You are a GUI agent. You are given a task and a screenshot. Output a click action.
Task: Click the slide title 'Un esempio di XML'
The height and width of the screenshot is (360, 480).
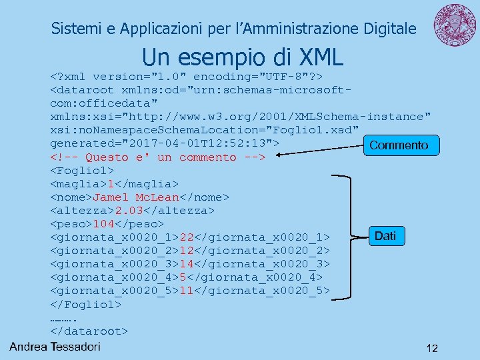tap(242, 57)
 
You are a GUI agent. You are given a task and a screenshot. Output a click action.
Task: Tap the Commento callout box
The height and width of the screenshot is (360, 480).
tap(399, 145)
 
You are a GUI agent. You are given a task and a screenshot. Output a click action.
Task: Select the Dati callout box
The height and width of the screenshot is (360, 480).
tap(385, 235)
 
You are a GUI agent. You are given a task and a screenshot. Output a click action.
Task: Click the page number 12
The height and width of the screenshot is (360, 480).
tap(432, 348)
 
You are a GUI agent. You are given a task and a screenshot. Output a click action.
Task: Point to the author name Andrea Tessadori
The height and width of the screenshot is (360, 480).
tap(55, 346)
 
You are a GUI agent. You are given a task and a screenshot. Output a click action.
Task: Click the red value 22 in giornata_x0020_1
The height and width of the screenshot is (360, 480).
tap(187, 237)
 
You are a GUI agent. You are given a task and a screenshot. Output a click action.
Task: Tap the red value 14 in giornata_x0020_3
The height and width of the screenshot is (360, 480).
tap(187, 264)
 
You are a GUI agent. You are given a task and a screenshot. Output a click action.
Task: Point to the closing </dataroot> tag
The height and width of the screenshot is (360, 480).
tap(89, 331)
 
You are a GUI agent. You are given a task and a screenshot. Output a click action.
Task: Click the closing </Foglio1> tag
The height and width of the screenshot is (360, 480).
tap(85, 304)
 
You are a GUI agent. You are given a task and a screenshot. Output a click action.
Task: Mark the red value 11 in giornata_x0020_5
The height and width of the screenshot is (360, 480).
tap(187, 291)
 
